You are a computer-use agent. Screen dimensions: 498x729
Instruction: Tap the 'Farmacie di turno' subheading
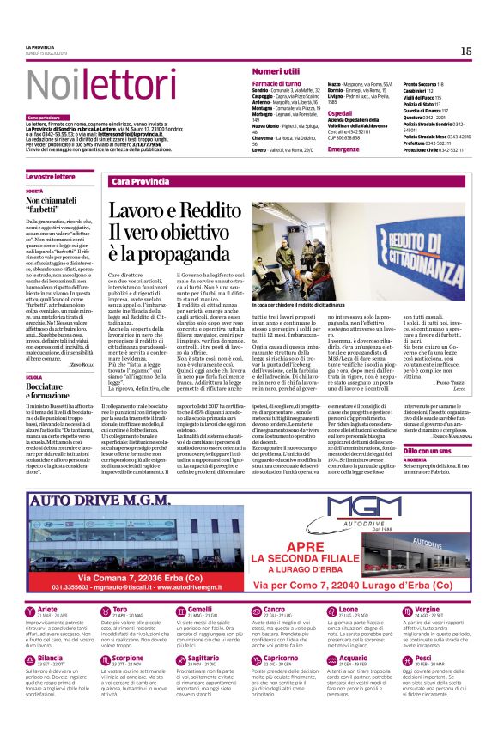point(276,83)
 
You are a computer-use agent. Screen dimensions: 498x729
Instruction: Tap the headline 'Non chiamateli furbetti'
point(55,204)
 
